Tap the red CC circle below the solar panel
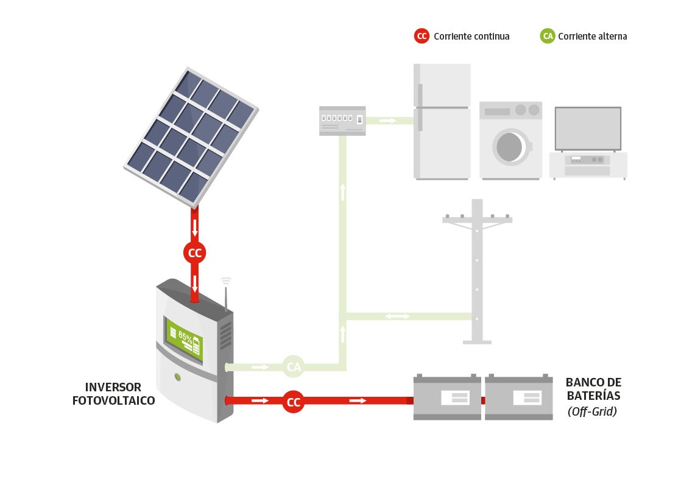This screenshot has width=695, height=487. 195,253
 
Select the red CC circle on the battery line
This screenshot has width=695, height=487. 294,402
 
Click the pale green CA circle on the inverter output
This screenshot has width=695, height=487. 294,367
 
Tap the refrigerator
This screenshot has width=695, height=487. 442,122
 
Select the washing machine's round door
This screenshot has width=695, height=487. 510,146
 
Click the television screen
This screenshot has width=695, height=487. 588,129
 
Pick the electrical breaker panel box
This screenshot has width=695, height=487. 343,120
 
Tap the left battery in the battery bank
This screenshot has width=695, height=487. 447,397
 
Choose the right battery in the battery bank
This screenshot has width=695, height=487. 519,397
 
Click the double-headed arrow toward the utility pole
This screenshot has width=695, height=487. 397,316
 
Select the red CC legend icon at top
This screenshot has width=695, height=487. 422,36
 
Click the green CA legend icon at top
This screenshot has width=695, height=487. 548,36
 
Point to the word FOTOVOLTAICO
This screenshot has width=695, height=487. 114,401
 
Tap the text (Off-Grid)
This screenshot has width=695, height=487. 592,411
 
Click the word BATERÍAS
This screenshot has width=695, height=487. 593,397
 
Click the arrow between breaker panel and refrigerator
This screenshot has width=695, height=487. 387,121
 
